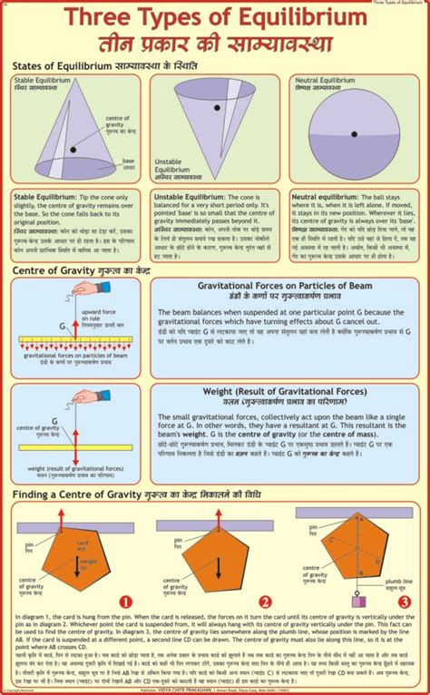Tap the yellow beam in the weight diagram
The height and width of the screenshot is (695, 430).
[x=78, y=447]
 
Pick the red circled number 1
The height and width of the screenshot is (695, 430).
[x=126, y=601]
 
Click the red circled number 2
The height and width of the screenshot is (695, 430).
[x=266, y=601]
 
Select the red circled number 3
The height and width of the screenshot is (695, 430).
[x=403, y=601]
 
